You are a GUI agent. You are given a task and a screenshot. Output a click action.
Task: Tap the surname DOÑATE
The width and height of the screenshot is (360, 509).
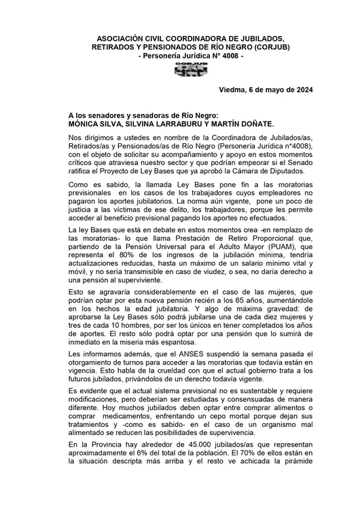pyautogui.click(x=254, y=125)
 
